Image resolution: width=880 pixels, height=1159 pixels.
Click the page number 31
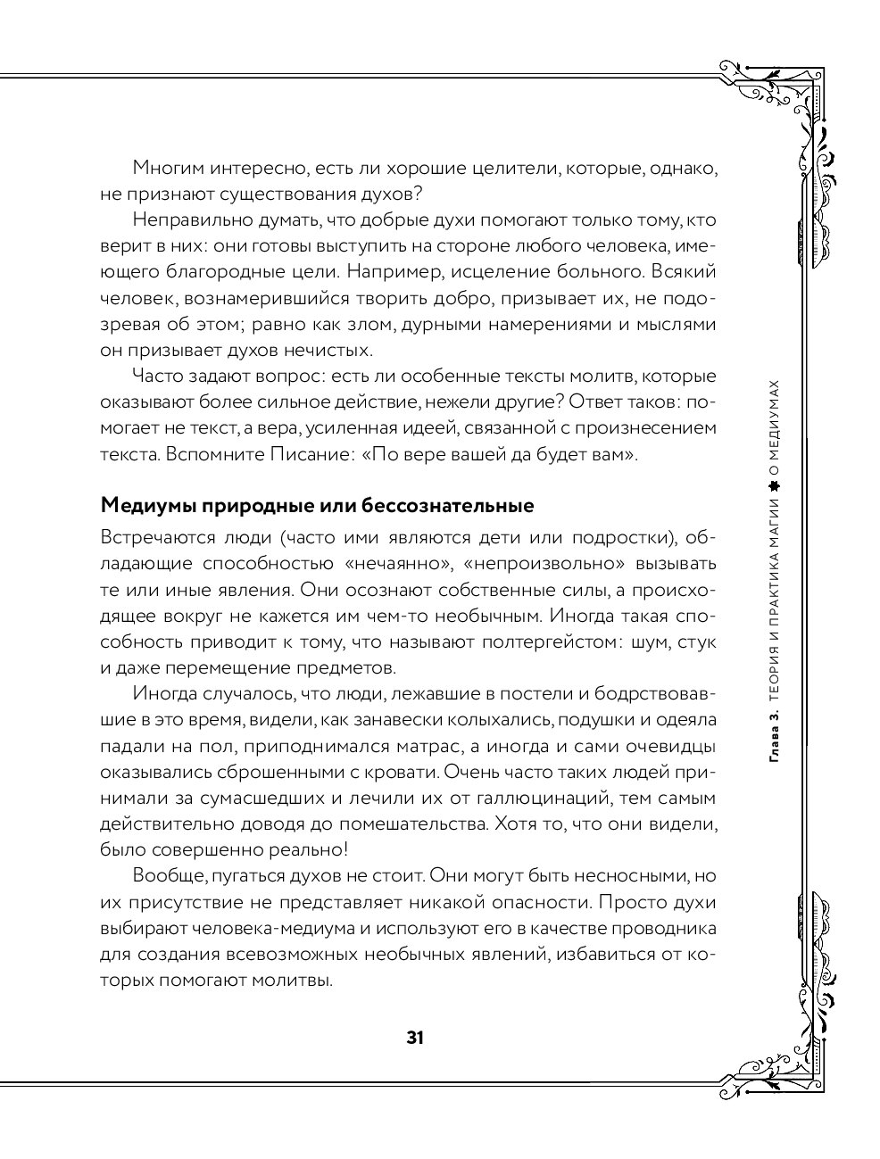click(414, 1037)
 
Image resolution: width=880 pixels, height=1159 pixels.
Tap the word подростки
click(620, 537)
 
